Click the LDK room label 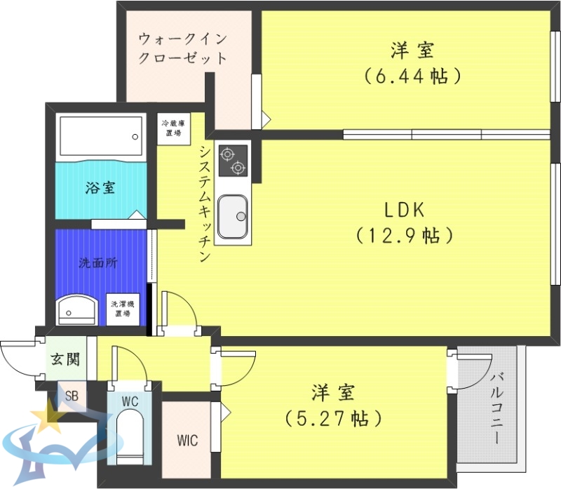[405, 210]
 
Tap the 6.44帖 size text [412, 76]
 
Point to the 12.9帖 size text [403, 235]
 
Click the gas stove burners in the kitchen [233, 160]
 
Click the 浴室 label [100, 187]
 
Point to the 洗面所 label [97, 264]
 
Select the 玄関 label [65, 360]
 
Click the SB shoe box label [72, 395]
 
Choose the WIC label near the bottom [187, 441]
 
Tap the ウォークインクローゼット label [183, 48]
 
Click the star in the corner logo [51, 419]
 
